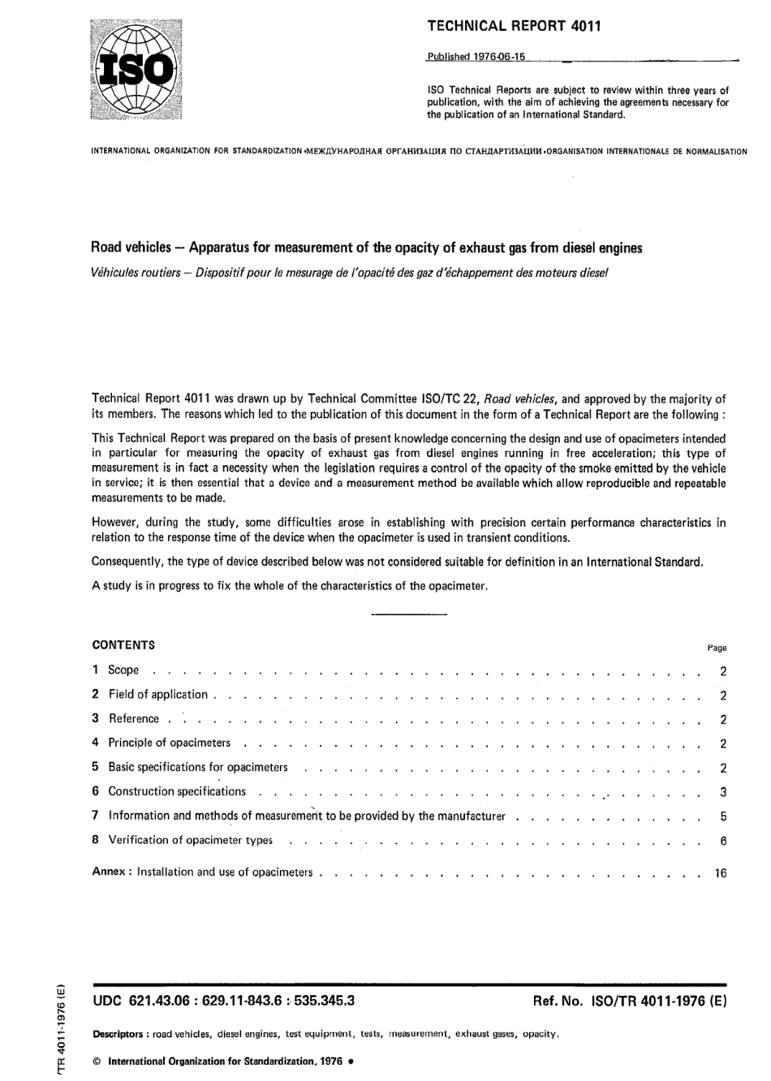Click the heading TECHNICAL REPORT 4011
click(x=514, y=26)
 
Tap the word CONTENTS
click(x=123, y=645)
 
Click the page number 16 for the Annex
click(x=721, y=873)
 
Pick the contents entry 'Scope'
click(x=123, y=670)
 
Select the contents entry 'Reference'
click(x=134, y=719)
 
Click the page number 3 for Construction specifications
click(x=723, y=792)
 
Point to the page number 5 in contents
click(x=723, y=816)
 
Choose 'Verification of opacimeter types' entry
click(x=191, y=840)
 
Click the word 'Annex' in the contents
click(x=108, y=872)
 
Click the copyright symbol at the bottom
click(x=97, y=1061)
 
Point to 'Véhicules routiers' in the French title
click(x=135, y=272)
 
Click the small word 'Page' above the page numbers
click(x=717, y=648)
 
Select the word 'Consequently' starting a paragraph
click(x=128, y=562)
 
